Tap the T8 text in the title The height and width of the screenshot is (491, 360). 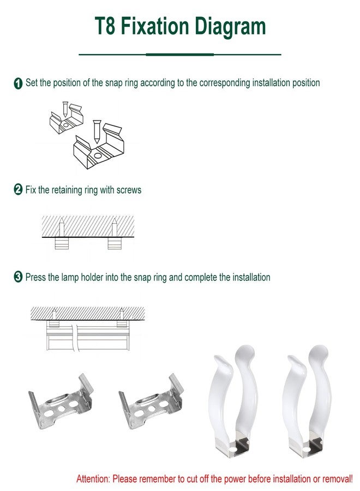[105, 26]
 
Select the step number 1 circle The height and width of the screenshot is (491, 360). [18, 83]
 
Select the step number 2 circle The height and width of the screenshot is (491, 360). [18, 190]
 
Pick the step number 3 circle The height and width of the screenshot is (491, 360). [18, 278]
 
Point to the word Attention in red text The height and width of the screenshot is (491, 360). [93, 478]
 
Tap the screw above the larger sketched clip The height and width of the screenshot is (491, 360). [97, 131]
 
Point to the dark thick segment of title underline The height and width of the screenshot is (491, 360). [179, 55]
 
